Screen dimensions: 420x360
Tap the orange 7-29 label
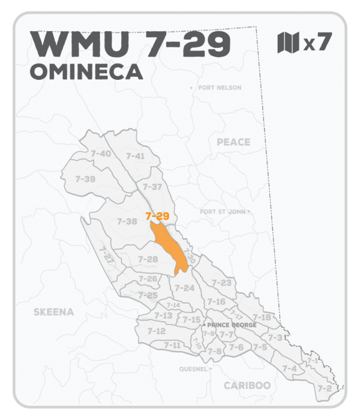pos(157,215)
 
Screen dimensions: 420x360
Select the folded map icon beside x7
pos(287,43)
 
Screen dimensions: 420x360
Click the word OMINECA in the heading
pos(86,71)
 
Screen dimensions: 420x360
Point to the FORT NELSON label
pos(219,88)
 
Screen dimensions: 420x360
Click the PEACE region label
pos(233,142)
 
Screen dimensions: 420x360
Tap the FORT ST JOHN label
pos(223,212)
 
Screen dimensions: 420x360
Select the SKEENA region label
pos(53,312)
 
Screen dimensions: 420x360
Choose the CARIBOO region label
pos(247,385)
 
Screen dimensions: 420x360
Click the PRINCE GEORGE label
pos(231,325)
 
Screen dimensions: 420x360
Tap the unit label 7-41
pos(135,156)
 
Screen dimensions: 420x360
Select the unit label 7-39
pos(85,179)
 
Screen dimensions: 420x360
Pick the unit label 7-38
pos(127,221)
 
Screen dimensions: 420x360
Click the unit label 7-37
pos(152,187)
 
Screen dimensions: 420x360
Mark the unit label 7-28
pos(148,259)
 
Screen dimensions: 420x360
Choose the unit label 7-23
pos(221,283)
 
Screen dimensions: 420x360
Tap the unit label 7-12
pos(156,331)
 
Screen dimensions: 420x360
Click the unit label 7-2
pos(325,388)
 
